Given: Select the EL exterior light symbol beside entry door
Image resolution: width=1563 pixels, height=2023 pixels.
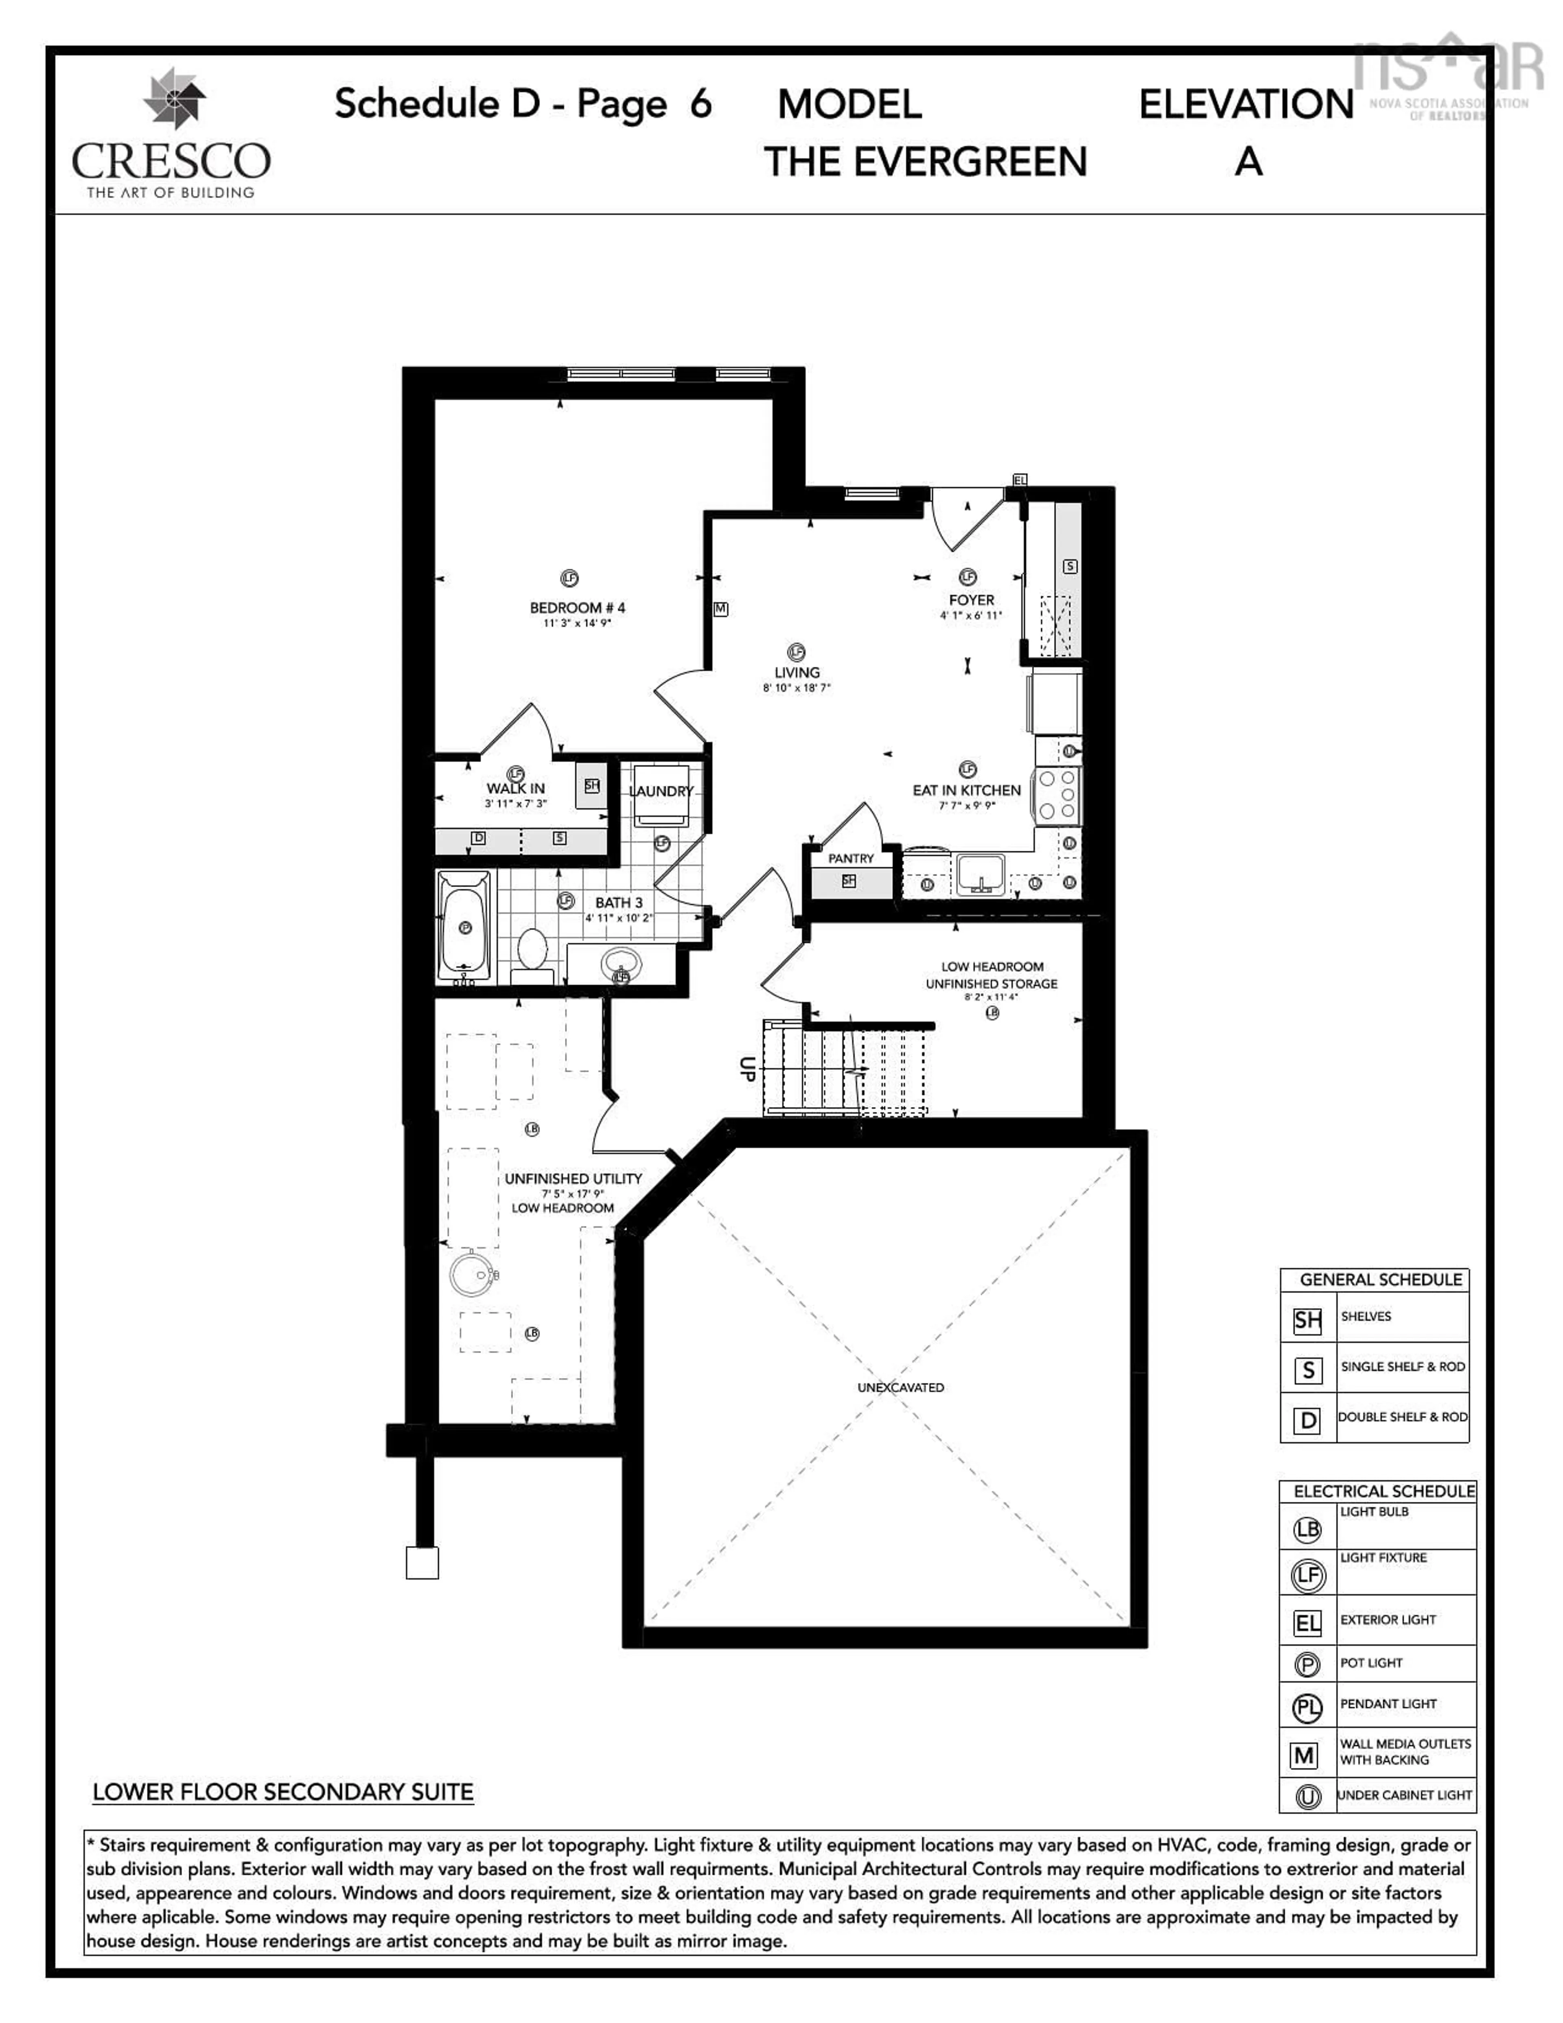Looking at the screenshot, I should (1020, 480).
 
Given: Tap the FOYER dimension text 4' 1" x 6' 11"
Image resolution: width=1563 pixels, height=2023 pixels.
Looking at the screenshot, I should (970, 615).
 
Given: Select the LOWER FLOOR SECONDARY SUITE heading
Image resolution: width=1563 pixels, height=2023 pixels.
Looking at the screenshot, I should (282, 1791).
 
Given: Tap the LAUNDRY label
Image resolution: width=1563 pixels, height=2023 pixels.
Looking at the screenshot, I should (660, 791).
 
